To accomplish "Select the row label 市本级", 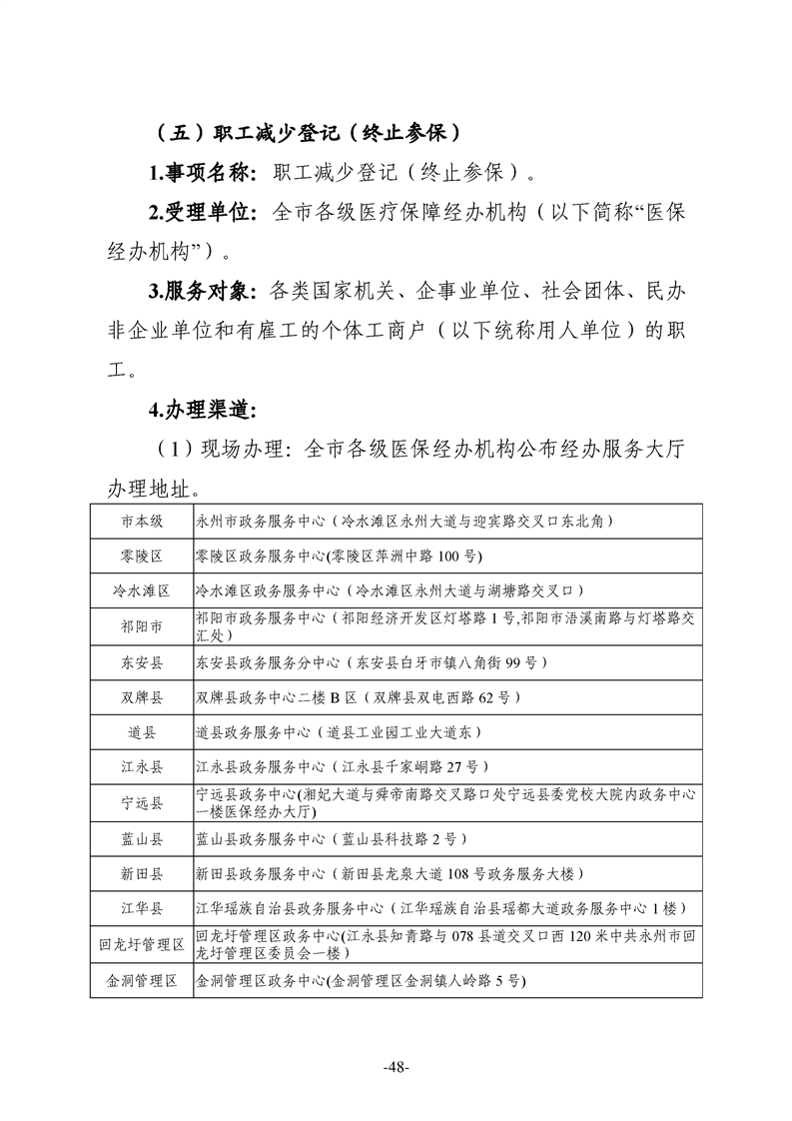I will pos(142,521).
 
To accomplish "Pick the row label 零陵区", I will pos(142,556).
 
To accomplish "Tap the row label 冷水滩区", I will pos(142,590).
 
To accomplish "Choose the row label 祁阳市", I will pos(142,626).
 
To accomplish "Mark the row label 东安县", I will pos(142,661).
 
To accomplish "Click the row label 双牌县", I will pos(142,696).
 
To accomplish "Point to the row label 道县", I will pos(142,732).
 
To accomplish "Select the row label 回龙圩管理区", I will pos(142,944).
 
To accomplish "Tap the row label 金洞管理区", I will pos(142,981).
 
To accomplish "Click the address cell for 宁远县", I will pos(444,802).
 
